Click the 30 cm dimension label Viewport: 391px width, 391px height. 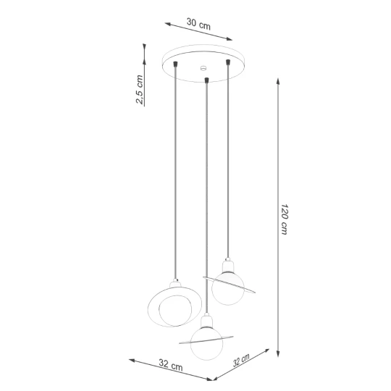click(198, 24)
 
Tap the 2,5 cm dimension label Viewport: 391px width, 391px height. click(140, 89)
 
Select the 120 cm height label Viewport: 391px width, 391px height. click(285, 219)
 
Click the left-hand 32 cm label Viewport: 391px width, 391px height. click(171, 364)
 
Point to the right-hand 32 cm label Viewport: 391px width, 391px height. click(241, 360)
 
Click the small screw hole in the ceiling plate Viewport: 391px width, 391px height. click(203, 67)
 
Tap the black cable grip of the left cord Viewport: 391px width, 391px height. click(175, 64)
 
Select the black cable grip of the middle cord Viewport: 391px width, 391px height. click(206, 80)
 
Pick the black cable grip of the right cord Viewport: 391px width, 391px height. click(227, 62)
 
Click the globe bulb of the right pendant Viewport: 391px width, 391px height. click(227, 288)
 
